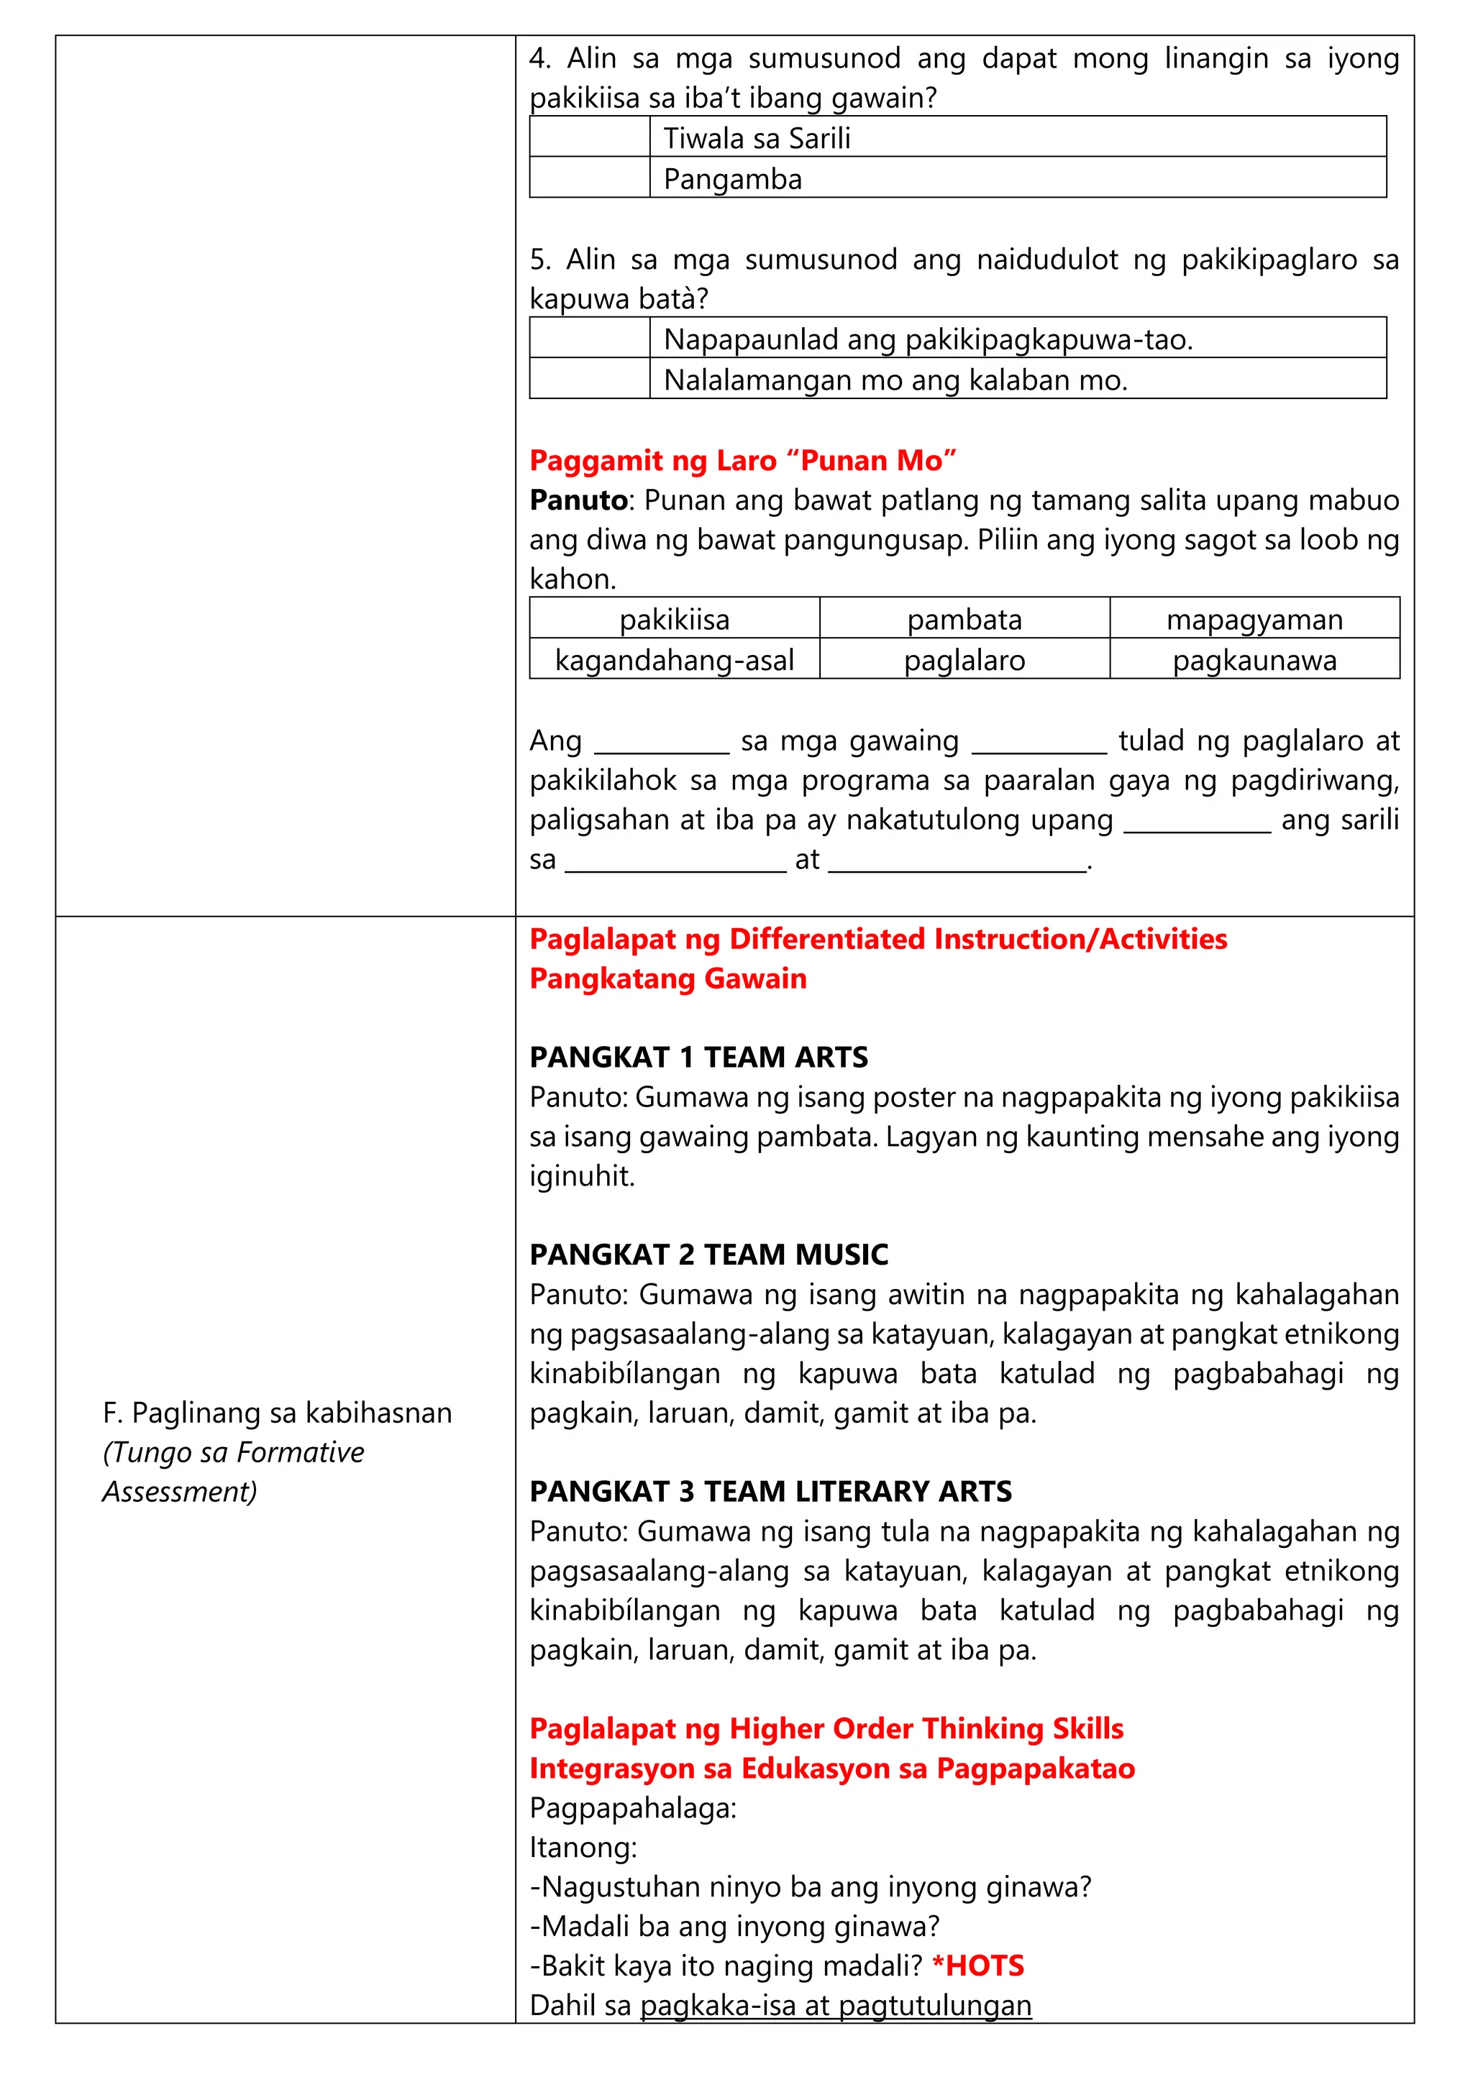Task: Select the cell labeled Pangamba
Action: (1017, 178)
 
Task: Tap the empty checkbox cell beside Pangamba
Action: (590, 178)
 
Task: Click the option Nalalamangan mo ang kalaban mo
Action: (1017, 379)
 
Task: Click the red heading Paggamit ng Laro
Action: (742, 461)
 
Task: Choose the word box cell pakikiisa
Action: (674, 619)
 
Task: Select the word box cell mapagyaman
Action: (1254, 619)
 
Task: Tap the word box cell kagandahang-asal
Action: (674, 660)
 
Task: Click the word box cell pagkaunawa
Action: (1254, 660)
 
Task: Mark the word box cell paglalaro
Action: (964, 660)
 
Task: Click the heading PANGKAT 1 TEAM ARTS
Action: (698, 1058)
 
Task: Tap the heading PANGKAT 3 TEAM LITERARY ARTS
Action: (770, 1492)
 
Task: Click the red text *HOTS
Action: (977, 1966)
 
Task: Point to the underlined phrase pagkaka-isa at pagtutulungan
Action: (835, 2006)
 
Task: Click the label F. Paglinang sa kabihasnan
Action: (277, 1413)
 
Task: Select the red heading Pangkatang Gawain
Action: (667, 978)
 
